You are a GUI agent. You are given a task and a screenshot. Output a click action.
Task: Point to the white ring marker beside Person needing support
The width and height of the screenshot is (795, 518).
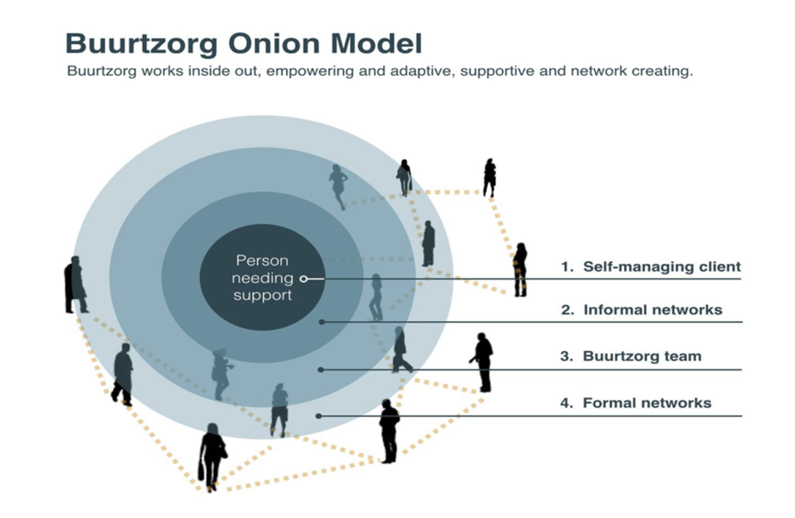[x=303, y=278]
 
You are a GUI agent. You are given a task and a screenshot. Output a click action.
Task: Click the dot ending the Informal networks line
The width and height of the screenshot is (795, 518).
[x=322, y=322]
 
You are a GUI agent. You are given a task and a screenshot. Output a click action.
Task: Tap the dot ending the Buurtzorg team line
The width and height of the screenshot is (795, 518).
[x=321, y=370]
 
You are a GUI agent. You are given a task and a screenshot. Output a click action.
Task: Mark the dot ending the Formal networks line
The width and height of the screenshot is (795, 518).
[x=319, y=416]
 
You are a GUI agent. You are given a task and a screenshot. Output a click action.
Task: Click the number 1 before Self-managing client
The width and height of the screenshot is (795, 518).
[x=566, y=267]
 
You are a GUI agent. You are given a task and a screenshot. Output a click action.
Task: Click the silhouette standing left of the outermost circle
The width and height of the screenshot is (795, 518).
[x=74, y=285]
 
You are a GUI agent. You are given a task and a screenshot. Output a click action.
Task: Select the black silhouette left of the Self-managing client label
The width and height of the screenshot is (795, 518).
[x=520, y=269]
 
